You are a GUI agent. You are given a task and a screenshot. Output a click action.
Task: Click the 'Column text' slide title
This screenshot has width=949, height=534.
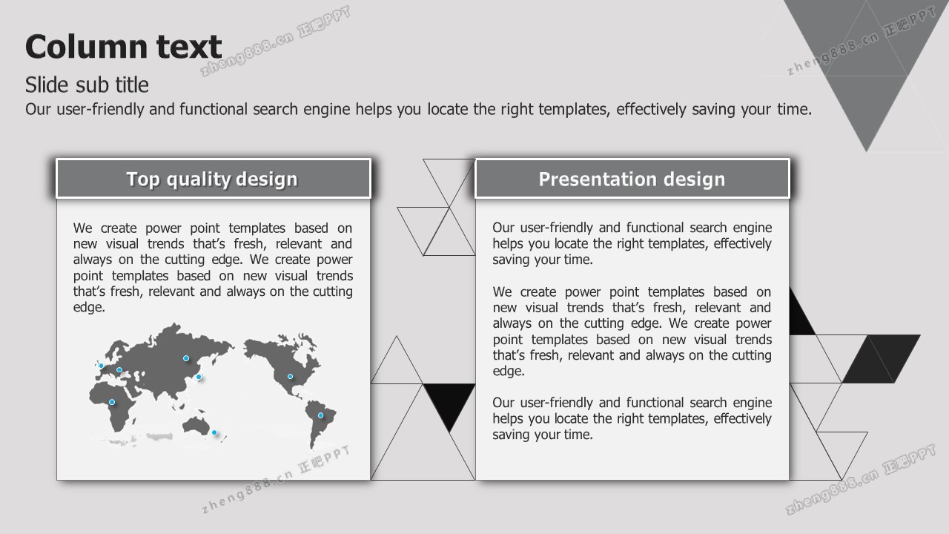(x=123, y=46)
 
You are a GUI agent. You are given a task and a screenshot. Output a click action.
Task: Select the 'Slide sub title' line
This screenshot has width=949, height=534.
(x=87, y=85)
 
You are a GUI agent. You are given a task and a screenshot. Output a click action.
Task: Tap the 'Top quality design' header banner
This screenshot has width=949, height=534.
(x=214, y=179)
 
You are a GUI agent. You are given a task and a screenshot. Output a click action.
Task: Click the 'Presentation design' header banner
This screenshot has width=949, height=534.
(x=632, y=179)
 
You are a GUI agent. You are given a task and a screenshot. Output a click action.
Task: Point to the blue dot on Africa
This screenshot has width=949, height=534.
(x=112, y=402)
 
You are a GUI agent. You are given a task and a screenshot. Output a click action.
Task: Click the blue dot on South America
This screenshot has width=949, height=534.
(x=321, y=415)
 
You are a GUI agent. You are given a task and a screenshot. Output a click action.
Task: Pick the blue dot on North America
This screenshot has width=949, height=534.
(x=290, y=376)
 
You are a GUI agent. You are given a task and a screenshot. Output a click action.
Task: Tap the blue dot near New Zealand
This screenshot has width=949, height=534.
(x=214, y=432)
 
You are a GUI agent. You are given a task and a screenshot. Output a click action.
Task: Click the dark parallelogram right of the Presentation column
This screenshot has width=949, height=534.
(x=882, y=358)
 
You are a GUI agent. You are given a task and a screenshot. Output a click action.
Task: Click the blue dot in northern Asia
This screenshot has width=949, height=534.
(x=186, y=358)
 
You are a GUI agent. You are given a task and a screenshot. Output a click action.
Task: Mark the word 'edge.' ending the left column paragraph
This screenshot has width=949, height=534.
(x=89, y=307)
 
